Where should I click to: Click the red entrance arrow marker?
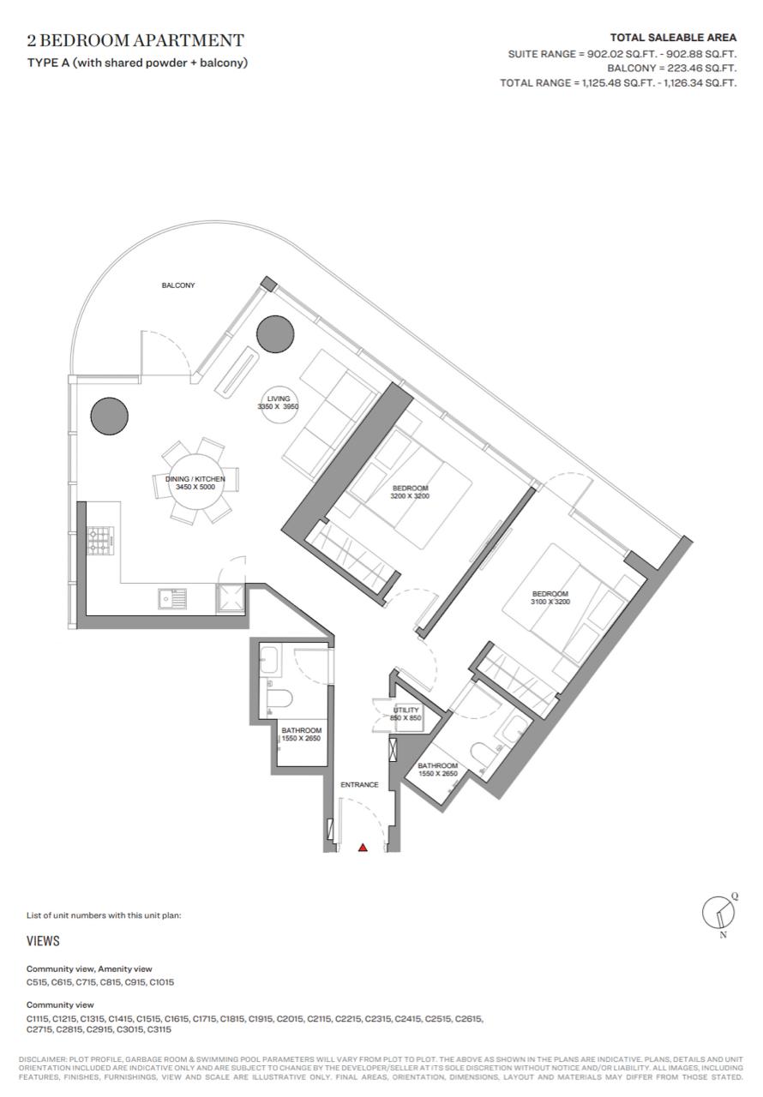[x=363, y=848]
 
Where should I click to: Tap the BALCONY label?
[x=178, y=285]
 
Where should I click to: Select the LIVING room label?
[x=278, y=399]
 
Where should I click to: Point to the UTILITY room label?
[x=406, y=710]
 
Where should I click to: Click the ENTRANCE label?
[x=359, y=784]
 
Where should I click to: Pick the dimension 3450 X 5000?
[x=195, y=487]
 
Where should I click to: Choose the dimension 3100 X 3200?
[x=550, y=602]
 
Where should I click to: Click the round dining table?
[x=195, y=483]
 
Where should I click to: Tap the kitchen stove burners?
[x=100, y=541]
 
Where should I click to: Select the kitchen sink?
[x=172, y=598]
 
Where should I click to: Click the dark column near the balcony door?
[x=109, y=416]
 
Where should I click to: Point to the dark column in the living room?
[x=275, y=334]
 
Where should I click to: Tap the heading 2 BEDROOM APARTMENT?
[x=135, y=40]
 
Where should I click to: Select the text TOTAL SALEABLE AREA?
[x=673, y=37]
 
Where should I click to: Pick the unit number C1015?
[x=162, y=982]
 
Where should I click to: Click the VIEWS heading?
[x=43, y=941]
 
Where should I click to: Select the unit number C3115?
[x=159, y=1029]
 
